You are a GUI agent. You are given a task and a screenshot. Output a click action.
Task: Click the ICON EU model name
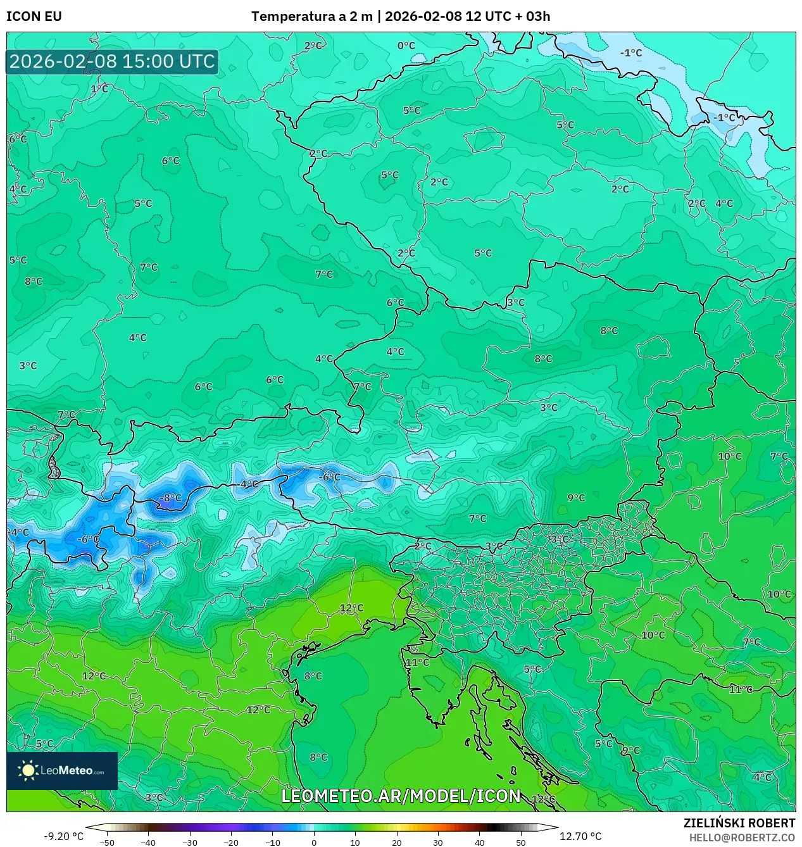34,16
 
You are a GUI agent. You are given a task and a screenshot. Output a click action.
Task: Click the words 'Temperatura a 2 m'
311,16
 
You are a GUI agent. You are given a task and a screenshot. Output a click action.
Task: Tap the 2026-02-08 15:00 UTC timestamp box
112,61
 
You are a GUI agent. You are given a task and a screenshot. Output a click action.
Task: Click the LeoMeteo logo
62,770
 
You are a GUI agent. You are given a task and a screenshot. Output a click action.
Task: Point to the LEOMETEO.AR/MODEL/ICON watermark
401,796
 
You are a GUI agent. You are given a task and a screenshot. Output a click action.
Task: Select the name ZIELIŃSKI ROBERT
739,823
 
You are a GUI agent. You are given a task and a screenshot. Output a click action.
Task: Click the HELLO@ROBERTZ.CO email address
742,838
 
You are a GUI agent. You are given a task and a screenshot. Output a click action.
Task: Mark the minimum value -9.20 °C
63,836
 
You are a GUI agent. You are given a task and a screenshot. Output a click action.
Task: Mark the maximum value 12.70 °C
580,836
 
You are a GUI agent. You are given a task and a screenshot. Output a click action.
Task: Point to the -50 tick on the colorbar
107,843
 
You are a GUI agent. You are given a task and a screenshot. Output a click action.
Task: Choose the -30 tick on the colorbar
190,843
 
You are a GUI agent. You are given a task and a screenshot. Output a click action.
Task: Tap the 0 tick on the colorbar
314,843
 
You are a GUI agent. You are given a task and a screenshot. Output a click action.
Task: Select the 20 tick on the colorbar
396,843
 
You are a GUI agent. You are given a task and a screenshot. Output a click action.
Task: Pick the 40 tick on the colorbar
479,843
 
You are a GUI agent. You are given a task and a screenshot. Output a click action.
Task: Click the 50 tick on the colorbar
520,843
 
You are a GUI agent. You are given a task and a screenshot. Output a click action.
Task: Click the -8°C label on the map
170,498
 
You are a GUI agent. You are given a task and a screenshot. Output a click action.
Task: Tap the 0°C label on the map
406,46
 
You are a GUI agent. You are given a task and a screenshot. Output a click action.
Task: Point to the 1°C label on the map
99,89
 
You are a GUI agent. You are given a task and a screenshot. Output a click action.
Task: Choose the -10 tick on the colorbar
272,843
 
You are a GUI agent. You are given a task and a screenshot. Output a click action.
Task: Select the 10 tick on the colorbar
355,843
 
